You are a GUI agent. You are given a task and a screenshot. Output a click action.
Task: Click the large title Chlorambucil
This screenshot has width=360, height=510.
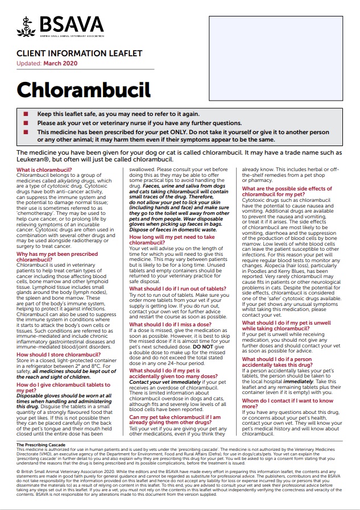83,90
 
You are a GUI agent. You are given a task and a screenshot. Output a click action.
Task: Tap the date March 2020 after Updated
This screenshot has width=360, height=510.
61,63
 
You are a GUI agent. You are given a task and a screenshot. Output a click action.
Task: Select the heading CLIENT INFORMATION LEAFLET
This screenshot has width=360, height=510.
71,53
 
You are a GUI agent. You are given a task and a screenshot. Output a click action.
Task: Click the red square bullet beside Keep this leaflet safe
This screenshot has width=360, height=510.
26,114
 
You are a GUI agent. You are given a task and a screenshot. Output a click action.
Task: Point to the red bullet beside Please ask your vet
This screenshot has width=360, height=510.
26,123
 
